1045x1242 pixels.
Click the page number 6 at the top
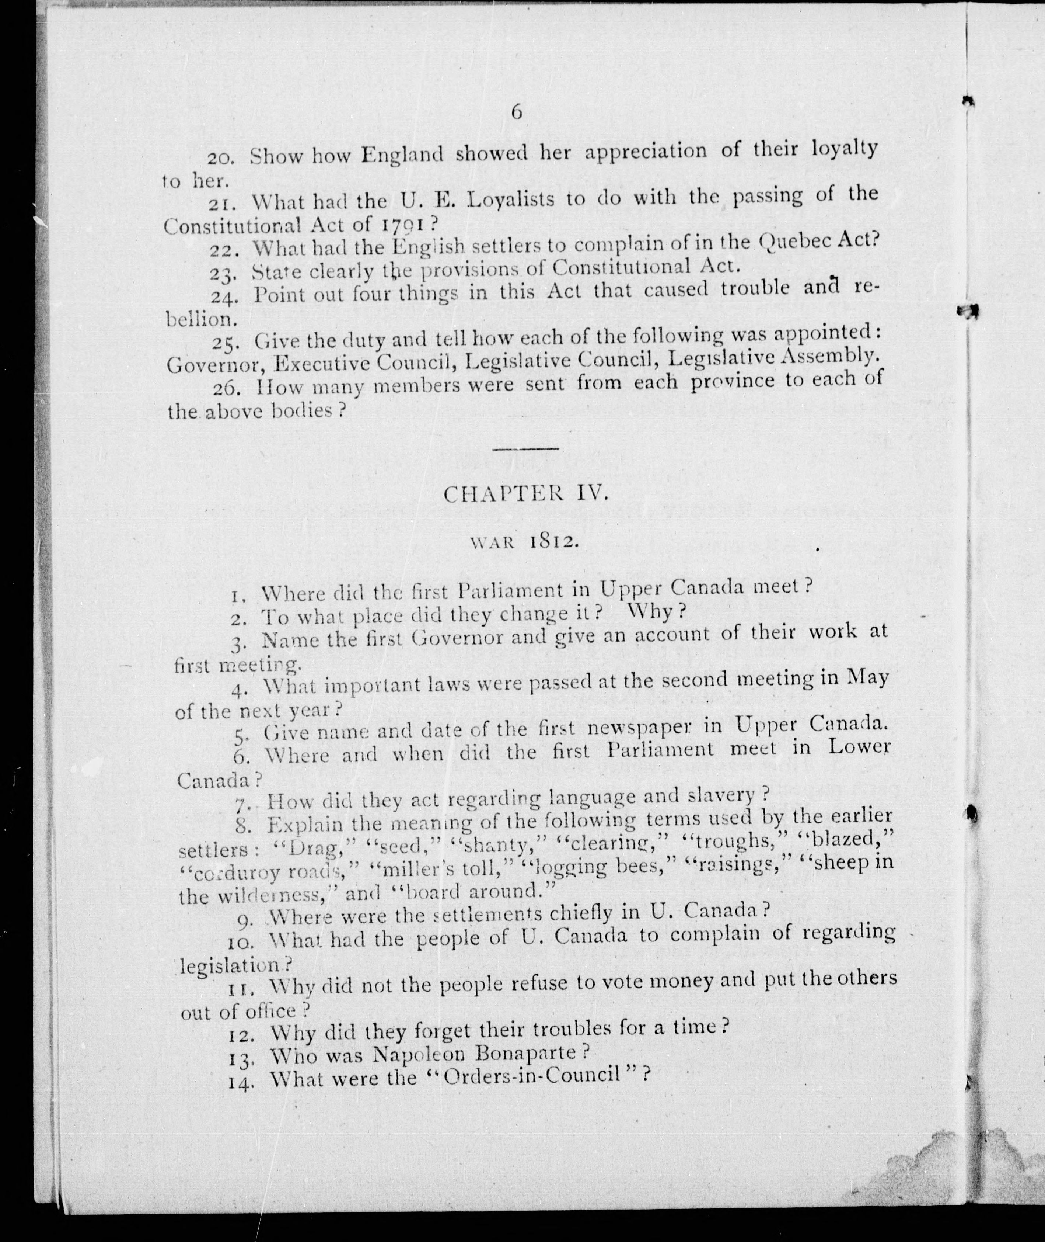517,111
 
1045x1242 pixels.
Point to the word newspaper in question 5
643,728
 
